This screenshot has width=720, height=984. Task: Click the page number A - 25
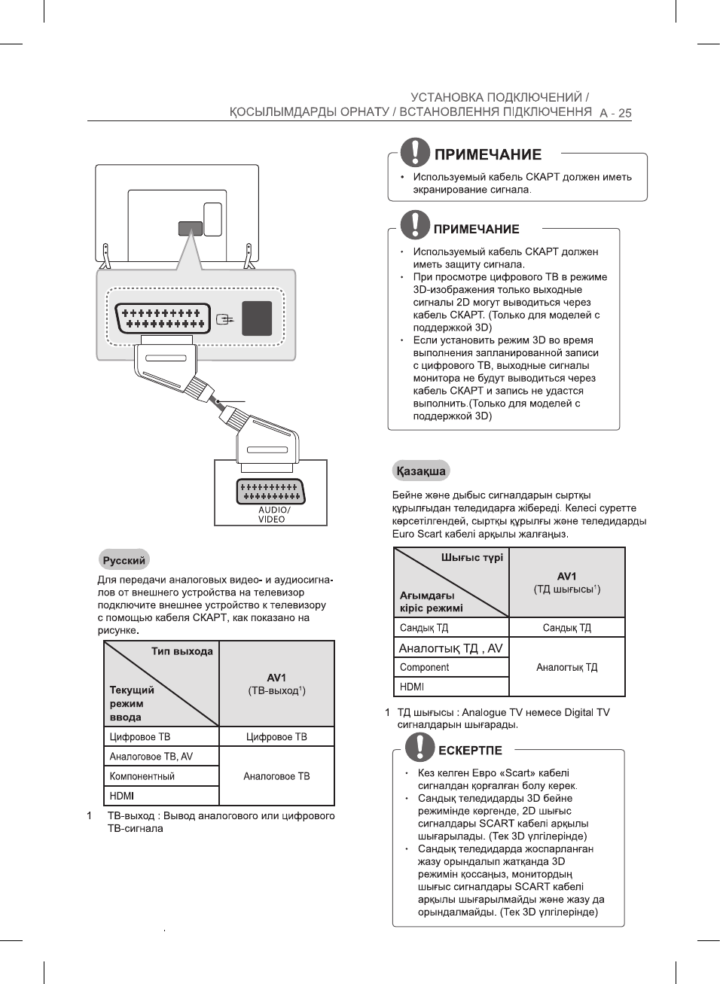point(615,113)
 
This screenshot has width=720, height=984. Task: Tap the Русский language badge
point(124,560)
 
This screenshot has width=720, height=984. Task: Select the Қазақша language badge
point(421,471)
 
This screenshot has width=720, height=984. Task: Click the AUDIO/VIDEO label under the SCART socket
point(272,514)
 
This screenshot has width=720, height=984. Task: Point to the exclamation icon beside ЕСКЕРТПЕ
point(419,747)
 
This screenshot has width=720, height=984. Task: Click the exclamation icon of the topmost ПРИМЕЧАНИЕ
point(415,152)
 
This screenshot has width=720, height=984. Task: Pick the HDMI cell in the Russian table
point(122,796)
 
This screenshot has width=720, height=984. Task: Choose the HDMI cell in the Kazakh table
point(412,687)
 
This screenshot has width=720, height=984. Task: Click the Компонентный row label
point(142,776)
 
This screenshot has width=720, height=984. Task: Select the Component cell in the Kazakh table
point(425,667)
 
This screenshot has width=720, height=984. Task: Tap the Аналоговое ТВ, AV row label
point(151,757)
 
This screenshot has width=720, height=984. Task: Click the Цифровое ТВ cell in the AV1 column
point(276,737)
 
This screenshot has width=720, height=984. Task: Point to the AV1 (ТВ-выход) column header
point(276,684)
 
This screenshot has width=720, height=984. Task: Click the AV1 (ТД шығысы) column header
point(567,582)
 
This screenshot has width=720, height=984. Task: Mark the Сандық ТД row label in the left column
point(424,628)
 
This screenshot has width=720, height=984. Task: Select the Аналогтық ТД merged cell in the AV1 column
point(567,667)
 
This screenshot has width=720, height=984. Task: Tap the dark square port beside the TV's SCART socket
point(257,318)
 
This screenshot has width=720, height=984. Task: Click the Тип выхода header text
point(182,651)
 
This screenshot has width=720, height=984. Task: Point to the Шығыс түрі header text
point(471,558)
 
